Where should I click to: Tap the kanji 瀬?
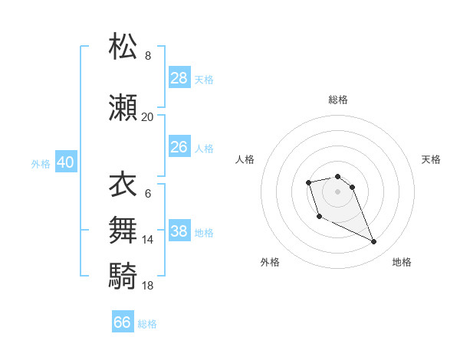[x=123, y=107]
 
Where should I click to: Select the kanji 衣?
[x=123, y=185]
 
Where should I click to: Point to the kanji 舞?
[x=123, y=230]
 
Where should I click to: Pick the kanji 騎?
[x=123, y=274]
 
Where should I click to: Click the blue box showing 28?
[x=179, y=77]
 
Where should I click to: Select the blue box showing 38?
[x=179, y=231]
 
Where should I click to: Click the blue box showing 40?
[x=65, y=162]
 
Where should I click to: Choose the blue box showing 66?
[x=123, y=322]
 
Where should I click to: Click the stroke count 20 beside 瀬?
[x=147, y=117]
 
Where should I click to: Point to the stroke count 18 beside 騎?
[x=147, y=285]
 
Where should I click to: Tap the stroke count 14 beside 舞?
[x=147, y=240]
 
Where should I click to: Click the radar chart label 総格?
[x=337, y=100]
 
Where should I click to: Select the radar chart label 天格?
[x=431, y=159]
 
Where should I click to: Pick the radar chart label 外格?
[x=270, y=262]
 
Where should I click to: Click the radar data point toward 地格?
[x=373, y=242]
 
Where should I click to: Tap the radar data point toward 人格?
[x=308, y=182]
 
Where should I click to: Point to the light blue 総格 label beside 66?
[x=147, y=324]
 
